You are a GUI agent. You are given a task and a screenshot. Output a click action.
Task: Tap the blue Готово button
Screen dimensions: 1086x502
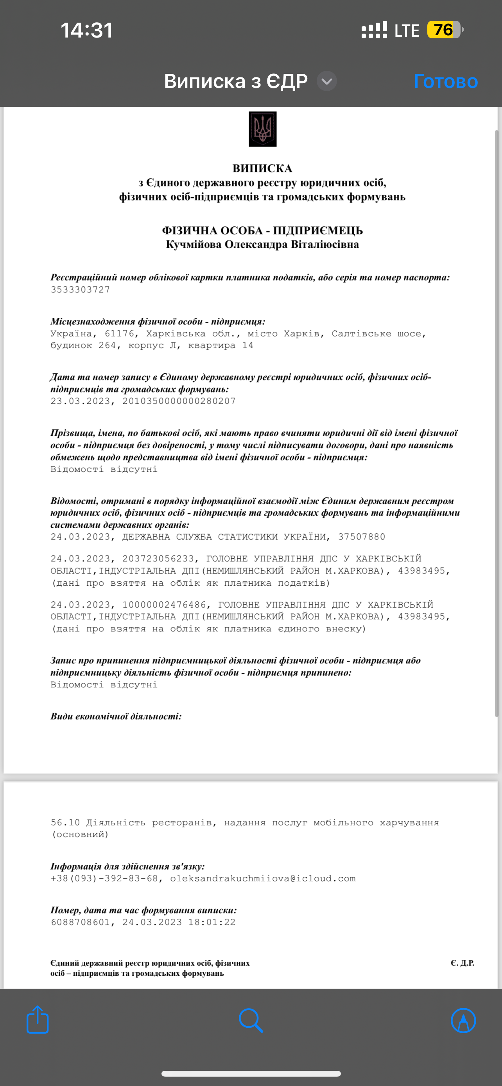tap(446, 81)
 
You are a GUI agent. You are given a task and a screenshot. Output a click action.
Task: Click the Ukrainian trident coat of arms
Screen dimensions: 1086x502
tap(263, 129)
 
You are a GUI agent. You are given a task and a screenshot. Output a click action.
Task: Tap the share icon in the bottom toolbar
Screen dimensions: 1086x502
tap(38, 1020)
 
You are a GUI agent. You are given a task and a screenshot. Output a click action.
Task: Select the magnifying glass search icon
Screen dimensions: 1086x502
tap(251, 1020)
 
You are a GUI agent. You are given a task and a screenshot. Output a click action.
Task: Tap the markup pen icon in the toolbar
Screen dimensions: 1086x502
tap(463, 1020)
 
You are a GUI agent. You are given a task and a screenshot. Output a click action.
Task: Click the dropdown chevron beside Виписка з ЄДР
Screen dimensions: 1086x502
tap(327, 81)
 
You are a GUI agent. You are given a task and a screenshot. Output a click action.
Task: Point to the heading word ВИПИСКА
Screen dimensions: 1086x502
tap(262, 168)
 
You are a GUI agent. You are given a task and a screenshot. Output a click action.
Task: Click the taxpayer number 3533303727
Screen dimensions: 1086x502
tap(80, 290)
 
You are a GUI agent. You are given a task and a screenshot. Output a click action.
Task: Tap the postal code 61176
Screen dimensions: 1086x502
tap(119, 333)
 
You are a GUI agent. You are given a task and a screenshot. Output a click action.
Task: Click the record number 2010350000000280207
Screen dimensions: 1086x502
tap(179, 401)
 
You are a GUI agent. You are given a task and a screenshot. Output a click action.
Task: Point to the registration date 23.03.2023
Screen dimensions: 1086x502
tap(80, 401)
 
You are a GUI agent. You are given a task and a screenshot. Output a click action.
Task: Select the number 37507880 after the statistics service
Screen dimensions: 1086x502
tap(362, 537)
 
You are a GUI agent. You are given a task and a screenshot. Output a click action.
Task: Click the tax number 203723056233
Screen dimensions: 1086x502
tap(158, 559)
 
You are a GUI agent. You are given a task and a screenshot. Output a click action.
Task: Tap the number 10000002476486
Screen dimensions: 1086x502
tap(163, 604)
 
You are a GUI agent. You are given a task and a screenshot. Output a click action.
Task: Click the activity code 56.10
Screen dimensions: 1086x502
tap(65, 823)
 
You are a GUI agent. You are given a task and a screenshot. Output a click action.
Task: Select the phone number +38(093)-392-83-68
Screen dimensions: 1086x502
tap(104, 878)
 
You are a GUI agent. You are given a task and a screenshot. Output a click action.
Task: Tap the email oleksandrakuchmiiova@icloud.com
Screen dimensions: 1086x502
tap(263, 878)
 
